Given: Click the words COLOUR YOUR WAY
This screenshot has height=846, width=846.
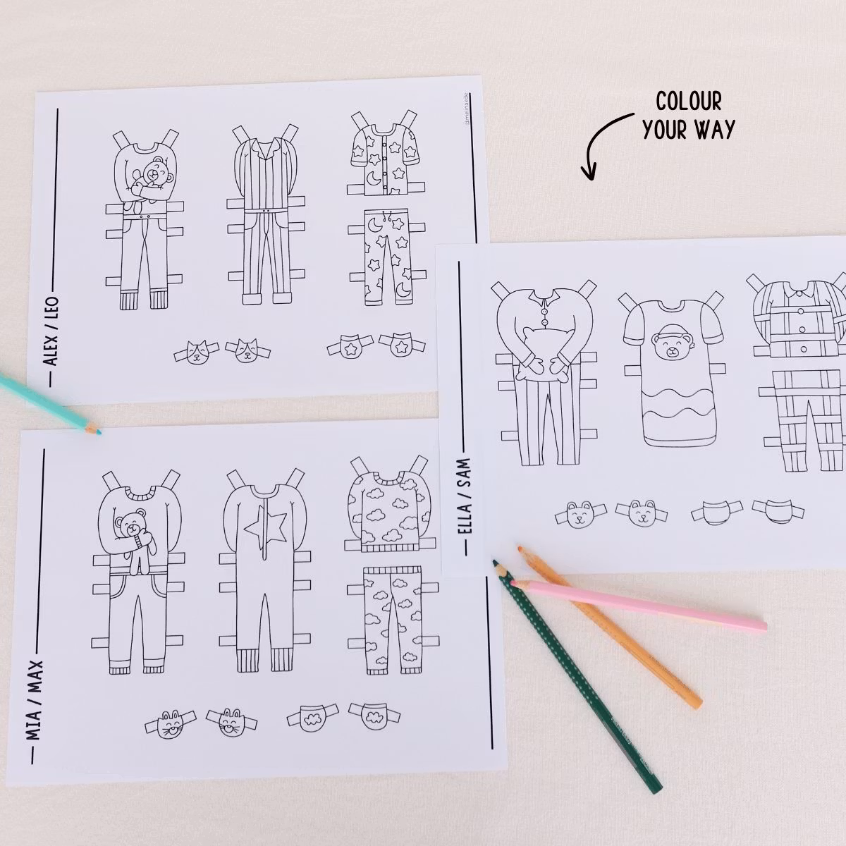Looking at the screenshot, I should [689, 115].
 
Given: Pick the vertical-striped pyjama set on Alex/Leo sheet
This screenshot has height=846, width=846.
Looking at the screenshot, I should [264, 219].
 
